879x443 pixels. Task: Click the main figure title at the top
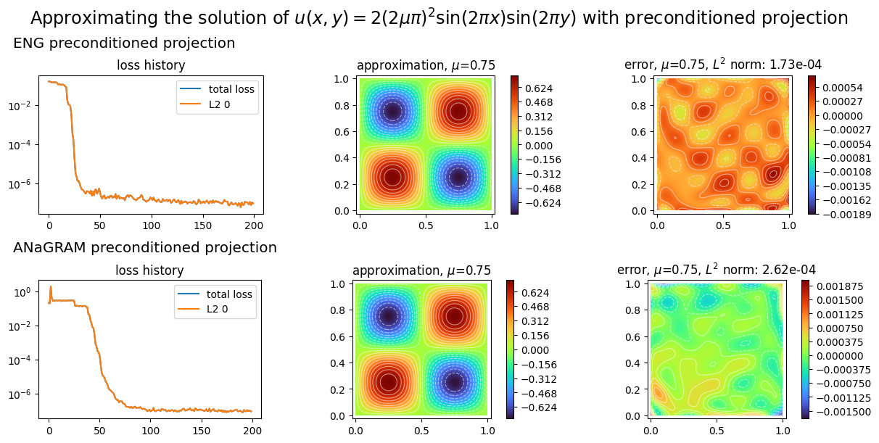[x=439, y=18]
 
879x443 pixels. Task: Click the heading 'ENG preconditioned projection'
[x=124, y=44]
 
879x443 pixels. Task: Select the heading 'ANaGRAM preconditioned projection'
[x=145, y=248]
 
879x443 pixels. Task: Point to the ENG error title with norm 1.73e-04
[x=722, y=65]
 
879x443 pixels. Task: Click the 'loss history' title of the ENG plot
[x=151, y=66]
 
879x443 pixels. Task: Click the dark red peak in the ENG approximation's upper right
[x=458, y=111]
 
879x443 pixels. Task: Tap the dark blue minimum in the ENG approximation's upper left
[x=392, y=111]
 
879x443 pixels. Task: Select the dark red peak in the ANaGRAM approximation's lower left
[x=389, y=382]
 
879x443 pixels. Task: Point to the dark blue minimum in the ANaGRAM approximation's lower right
[x=454, y=382]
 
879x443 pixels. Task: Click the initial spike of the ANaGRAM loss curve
[x=50, y=287]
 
